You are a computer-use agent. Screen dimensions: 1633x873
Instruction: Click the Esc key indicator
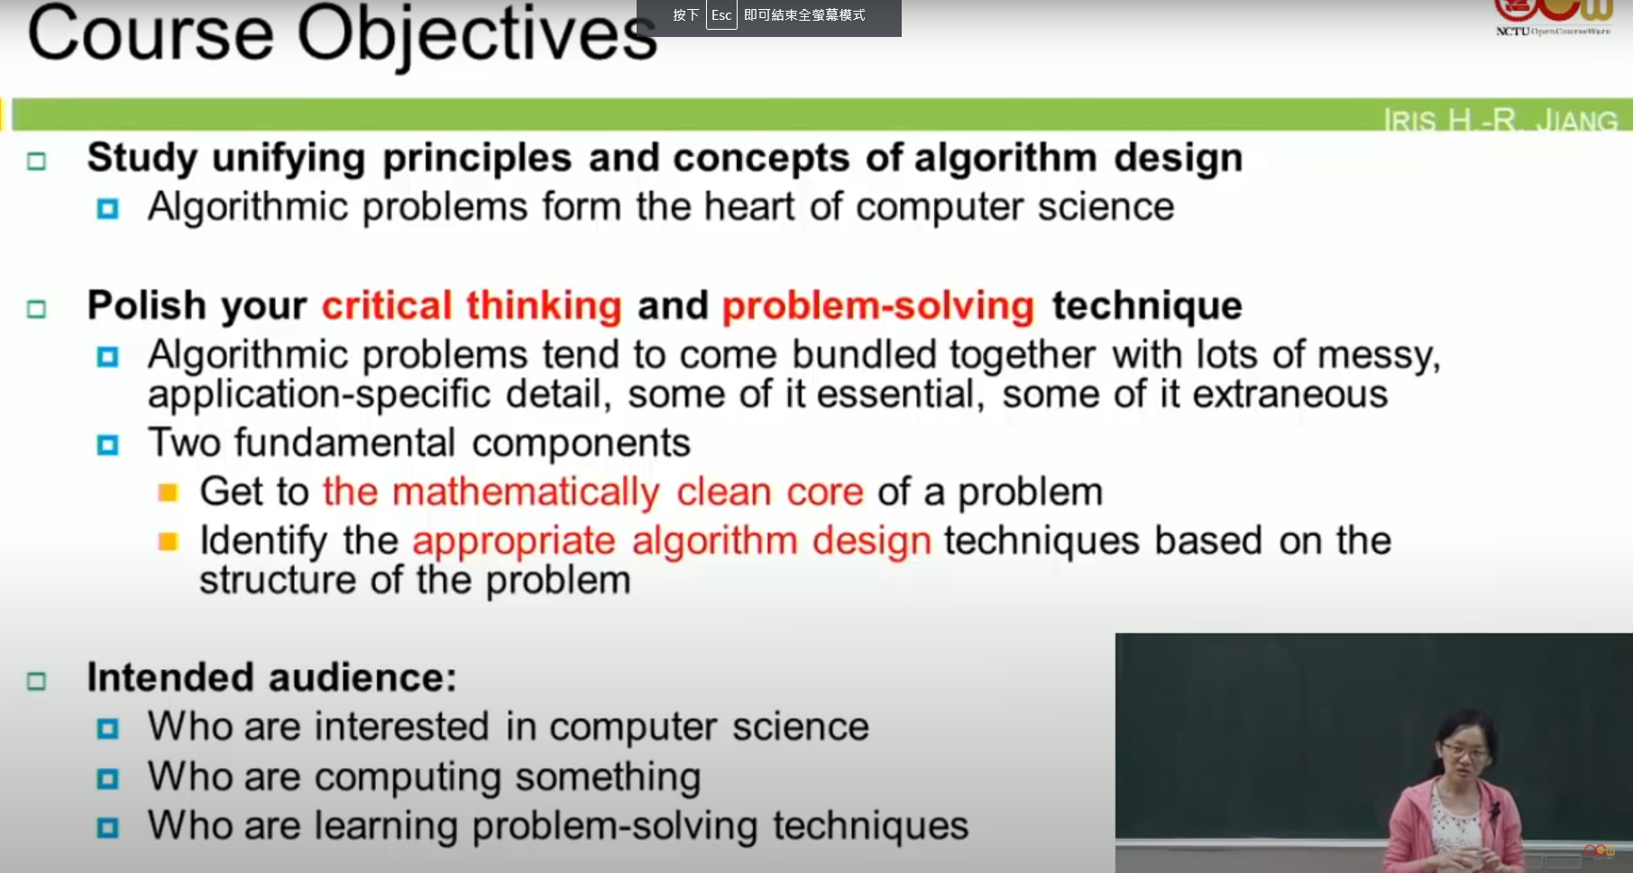coord(721,14)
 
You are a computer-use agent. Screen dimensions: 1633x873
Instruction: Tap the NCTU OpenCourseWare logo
coord(1553,18)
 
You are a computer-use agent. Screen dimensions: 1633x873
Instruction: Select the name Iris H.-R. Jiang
coord(1500,120)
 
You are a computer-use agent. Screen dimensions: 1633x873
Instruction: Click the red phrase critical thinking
coord(472,306)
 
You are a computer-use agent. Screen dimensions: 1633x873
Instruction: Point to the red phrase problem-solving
coord(878,307)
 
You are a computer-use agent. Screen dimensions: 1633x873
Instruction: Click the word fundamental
coord(345,443)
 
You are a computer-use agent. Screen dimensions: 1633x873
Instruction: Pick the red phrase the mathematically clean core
coord(593,492)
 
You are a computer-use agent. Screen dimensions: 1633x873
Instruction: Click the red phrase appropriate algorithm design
coord(672,541)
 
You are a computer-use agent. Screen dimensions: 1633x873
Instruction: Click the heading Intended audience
coord(271,677)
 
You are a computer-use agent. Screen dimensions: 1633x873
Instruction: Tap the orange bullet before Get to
coord(168,492)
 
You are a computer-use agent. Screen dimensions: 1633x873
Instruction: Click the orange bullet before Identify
coord(168,541)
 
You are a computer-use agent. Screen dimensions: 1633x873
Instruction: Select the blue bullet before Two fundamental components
coord(107,445)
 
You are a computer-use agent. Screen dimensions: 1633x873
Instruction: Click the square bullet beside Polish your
coord(36,309)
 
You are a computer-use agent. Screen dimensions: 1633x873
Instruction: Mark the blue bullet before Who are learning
coord(107,827)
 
